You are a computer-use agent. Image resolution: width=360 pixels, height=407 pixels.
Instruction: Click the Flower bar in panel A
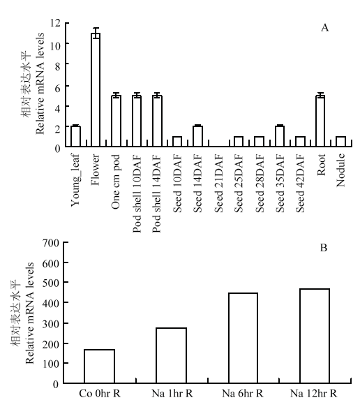click(x=96, y=90)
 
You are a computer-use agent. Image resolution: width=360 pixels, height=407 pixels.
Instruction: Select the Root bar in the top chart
click(x=320, y=121)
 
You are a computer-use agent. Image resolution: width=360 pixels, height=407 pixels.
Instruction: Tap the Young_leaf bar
click(x=75, y=137)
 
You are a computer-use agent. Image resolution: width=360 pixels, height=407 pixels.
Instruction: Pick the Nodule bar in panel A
click(x=340, y=142)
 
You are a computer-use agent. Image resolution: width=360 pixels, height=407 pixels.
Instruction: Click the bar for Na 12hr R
click(x=315, y=336)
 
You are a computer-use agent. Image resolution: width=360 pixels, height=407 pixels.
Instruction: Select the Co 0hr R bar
click(x=100, y=367)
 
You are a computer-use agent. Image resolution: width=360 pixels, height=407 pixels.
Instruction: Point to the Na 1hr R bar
click(x=171, y=355)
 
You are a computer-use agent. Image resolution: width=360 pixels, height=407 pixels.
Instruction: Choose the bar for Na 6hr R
click(x=243, y=338)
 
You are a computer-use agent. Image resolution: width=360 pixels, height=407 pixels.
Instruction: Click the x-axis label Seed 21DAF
click(x=219, y=184)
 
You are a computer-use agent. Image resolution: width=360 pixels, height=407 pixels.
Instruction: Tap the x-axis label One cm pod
click(x=116, y=182)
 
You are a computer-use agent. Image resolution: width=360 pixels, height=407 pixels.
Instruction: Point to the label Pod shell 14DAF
click(x=157, y=193)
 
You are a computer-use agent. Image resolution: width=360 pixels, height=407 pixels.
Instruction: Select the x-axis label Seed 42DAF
click(x=300, y=184)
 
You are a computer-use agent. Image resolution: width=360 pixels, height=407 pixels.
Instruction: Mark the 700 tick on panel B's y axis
click(x=50, y=242)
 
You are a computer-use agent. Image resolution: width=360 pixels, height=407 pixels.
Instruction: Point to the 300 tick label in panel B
click(x=50, y=323)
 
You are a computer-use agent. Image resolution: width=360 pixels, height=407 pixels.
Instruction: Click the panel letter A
click(x=324, y=27)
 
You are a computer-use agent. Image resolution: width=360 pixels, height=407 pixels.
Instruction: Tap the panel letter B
click(x=324, y=248)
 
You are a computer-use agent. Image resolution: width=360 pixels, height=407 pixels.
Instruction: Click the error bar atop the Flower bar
click(x=96, y=33)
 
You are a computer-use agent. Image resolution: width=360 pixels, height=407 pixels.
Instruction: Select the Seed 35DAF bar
click(x=280, y=137)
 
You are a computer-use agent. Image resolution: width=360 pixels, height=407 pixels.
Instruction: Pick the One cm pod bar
click(x=116, y=121)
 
